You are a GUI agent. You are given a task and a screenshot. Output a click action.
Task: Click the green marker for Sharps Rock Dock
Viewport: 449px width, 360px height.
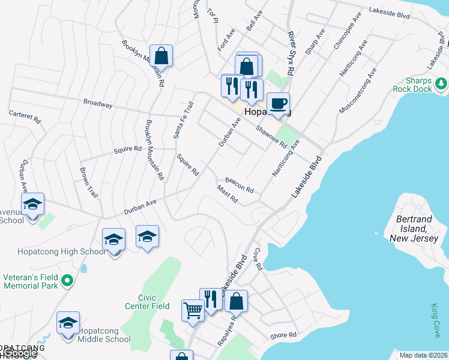[442, 82]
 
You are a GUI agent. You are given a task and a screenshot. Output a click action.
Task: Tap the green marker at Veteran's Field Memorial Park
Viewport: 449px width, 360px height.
[68, 280]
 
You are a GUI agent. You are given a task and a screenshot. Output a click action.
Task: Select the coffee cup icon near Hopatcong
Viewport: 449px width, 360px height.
[279, 103]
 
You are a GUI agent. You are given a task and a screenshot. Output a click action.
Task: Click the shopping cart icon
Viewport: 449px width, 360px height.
[193, 311]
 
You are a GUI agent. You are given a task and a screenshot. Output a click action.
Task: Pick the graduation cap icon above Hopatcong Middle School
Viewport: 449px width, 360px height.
[68, 322]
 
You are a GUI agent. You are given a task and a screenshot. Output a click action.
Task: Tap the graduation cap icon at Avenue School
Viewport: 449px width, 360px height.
[33, 204]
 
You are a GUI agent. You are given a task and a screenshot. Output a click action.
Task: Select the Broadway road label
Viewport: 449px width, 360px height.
[98, 104]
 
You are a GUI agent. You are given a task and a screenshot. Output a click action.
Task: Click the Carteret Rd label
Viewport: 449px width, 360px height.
[25, 116]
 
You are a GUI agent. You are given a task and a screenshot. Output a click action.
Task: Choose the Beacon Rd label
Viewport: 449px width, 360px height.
[239, 184]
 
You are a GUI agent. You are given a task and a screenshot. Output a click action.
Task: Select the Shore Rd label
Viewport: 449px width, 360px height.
[283, 335]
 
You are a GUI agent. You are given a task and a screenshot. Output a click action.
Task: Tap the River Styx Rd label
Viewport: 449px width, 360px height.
[291, 53]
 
